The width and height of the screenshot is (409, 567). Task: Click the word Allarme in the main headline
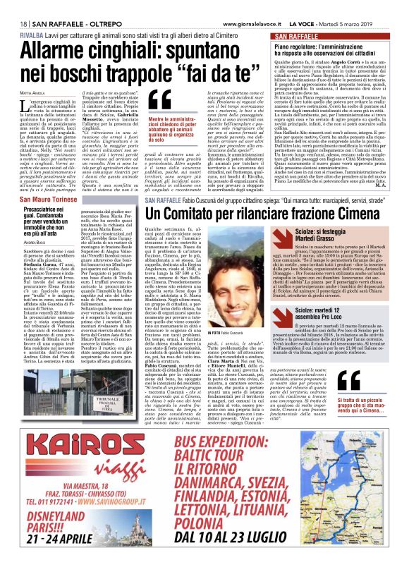tap(59, 52)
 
